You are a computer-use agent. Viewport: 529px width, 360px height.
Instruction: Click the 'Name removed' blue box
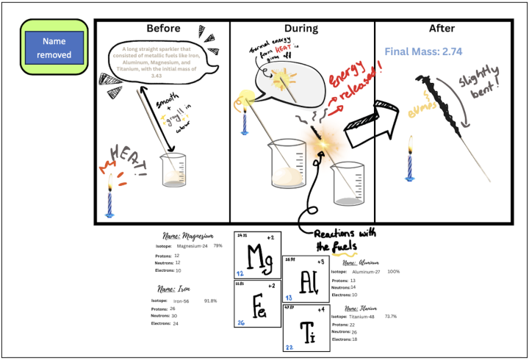(x=57, y=48)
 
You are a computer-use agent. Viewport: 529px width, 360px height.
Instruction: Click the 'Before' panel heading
(x=163, y=29)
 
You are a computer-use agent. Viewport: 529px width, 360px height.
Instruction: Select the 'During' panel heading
(x=301, y=29)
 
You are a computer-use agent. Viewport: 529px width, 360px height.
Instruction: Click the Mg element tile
(x=257, y=255)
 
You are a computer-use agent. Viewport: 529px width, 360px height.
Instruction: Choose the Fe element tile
(x=257, y=303)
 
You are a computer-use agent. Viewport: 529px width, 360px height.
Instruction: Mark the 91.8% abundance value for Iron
(x=211, y=300)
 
